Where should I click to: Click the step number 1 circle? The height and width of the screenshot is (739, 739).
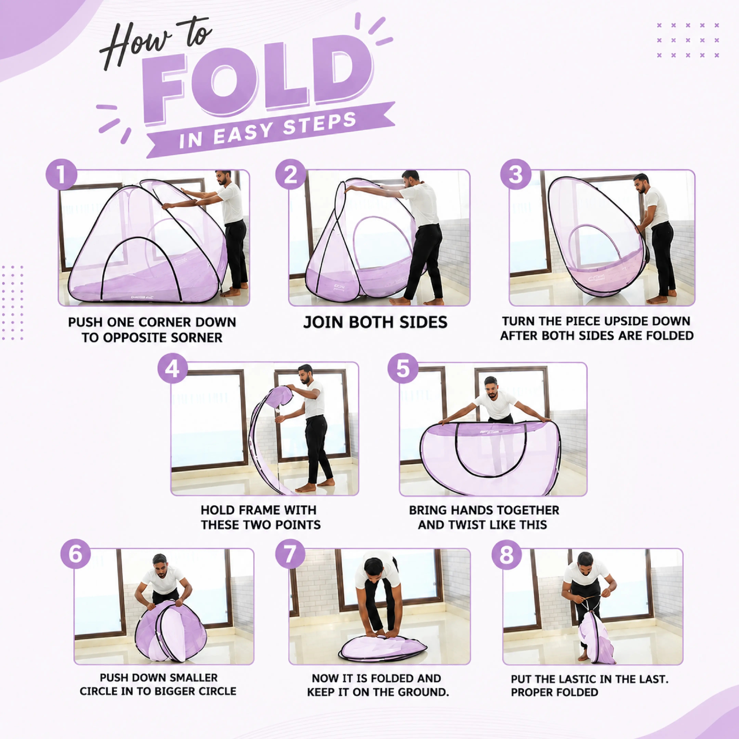tap(61, 174)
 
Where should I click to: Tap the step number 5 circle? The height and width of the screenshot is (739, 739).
tap(403, 369)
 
